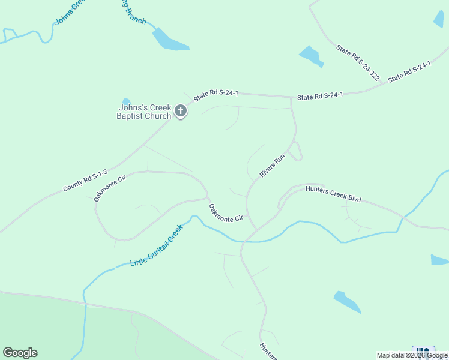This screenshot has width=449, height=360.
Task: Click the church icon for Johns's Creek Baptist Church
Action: tap(180, 111)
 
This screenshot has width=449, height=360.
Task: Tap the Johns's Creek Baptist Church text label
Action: tap(143, 112)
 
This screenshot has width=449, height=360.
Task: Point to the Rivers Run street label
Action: tap(272, 166)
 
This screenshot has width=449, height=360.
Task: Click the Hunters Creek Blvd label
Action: tap(333, 193)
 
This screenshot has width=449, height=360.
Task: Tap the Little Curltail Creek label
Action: tap(156, 246)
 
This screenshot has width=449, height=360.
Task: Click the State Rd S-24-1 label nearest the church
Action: tap(216, 94)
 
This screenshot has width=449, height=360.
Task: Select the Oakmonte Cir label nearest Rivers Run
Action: tap(226, 213)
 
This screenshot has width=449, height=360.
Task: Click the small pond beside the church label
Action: tap(126, 101)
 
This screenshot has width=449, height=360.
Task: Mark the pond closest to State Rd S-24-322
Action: tap(311, 56)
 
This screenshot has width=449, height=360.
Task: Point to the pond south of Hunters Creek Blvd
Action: tap(347, 302)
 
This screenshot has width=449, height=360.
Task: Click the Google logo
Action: tap(20, 353)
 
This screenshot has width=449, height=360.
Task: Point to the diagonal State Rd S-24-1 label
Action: tap(409, 72)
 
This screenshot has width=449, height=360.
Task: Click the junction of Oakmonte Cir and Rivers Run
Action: tap(257, 228)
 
